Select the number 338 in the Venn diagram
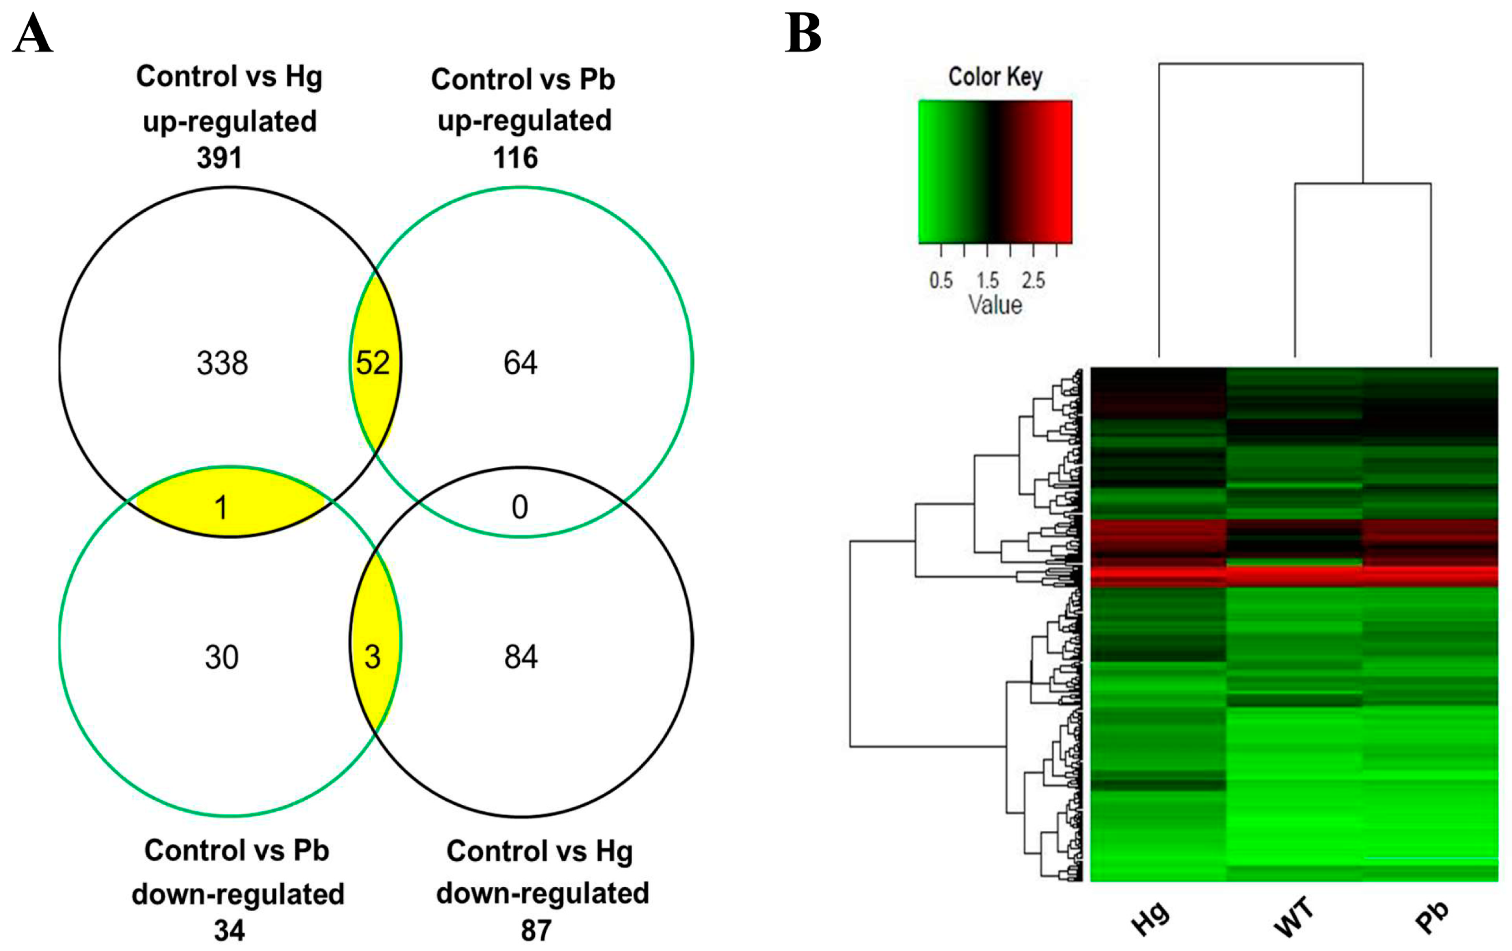coord(222,363)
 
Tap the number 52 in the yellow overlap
coord(373,363)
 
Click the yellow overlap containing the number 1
coord(221,507)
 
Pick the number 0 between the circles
coord(519,507)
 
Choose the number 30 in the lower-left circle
coord(222,658)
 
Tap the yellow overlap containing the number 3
coord(373,658)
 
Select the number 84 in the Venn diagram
coord(521,658)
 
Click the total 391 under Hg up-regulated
coord(219,157)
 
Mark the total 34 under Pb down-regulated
coord(229,930)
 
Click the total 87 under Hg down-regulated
coord(536,930)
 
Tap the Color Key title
coord(995,77)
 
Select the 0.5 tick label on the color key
coord(941,280)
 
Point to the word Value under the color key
coord(995,305)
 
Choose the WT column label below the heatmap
coord(1294,918)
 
